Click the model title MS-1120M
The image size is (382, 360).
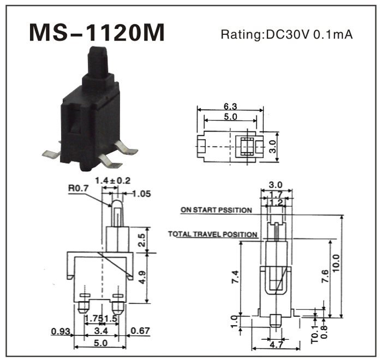point(97,33)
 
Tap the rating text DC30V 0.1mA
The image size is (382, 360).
point(286,35)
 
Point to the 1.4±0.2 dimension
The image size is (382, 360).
point(112,181)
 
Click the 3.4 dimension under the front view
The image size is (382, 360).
point(100,332)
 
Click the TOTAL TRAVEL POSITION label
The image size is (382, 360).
point(213,235)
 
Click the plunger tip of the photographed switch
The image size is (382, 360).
point(97,52)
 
